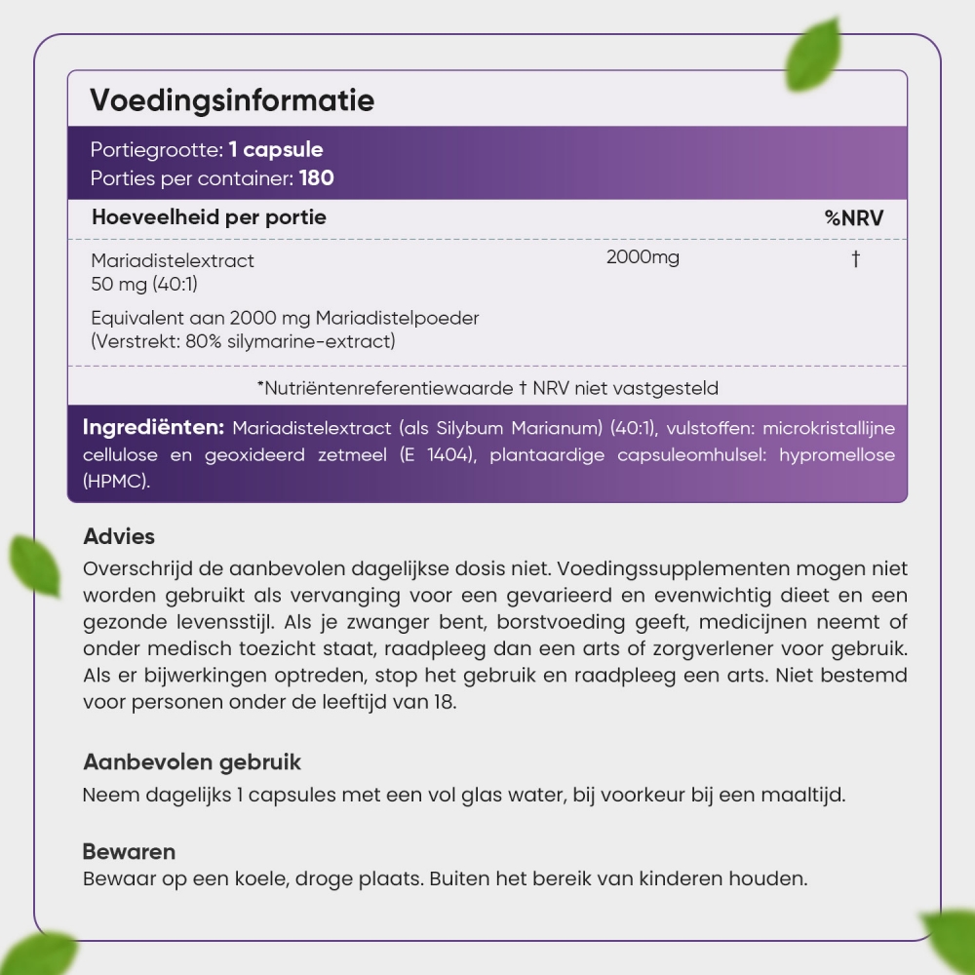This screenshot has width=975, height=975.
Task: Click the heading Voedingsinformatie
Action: click(x=232, y=100)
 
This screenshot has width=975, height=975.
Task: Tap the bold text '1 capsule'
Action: click(x=276, y=150)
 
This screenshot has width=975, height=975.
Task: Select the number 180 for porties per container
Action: click(x=317, y=178)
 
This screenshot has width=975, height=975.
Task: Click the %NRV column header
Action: click(x=854, y=217)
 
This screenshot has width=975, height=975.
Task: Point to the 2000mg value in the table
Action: click(x=643, y=257)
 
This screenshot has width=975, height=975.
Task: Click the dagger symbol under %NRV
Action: click(x=855, y=258)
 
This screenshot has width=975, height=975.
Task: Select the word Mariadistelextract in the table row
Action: click(x=173, y=261)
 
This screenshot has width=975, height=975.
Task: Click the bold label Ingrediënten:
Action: click(x=154, y=428)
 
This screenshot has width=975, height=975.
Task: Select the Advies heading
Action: click(x=119, y=536)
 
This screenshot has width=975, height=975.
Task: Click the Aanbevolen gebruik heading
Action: click(x=192, y=761)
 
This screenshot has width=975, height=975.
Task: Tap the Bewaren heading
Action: click(x=129, y=851)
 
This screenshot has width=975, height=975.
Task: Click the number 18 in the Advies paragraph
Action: click(x=444, y=701)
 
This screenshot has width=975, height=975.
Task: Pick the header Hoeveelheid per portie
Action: click(x=209, y=217)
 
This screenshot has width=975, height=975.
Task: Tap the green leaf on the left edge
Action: click(x=34, y=565)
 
